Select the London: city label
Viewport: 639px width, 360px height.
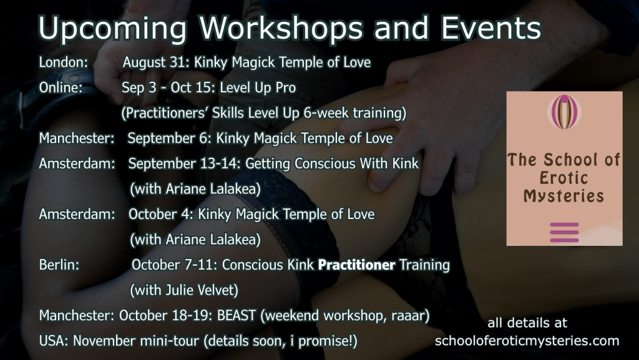[64, 62]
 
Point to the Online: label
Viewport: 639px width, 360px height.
[61, 87]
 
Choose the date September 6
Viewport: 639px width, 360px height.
[168, 139]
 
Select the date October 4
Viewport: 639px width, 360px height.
[160, 215]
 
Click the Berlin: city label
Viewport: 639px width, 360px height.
[59, 265]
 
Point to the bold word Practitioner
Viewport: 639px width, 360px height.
[356, 265]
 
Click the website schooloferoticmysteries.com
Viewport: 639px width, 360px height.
[527, 341]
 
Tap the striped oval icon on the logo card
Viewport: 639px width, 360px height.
[564, 112]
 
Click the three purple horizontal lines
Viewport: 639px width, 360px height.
[564, 233]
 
